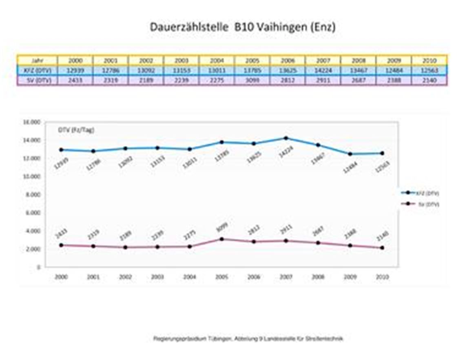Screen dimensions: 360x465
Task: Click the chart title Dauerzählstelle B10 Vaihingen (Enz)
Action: pos(242,27)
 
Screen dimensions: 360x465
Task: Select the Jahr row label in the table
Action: pos(38,60)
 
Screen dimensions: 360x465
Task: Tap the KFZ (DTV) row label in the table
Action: pos(38,70)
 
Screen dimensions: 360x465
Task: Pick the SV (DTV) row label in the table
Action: pos(38,80)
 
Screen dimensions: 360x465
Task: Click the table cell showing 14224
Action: pos(323,70)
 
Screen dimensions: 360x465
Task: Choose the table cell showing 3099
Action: pos(252,80)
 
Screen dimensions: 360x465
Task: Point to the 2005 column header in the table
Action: pos(252,60)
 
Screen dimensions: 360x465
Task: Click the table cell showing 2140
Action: pos(430,80)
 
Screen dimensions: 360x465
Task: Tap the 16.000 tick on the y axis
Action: pos(32,122)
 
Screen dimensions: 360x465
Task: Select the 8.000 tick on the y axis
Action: pos(33,195)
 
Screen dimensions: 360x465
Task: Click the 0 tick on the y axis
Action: pos(38,267)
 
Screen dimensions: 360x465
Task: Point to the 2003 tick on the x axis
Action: pos(157,277)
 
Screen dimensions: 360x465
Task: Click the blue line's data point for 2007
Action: pos(286,138)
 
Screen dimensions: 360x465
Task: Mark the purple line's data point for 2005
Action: pos(221,239)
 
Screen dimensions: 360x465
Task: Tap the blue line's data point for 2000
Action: pos(61,150)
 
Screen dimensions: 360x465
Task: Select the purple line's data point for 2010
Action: pos(382,248)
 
